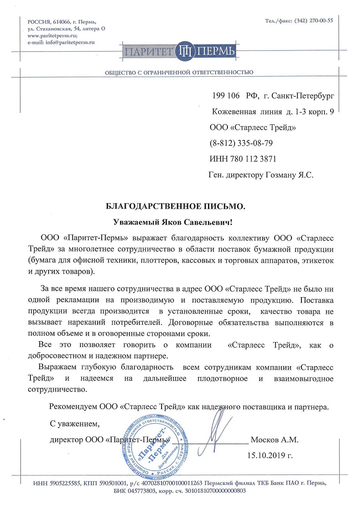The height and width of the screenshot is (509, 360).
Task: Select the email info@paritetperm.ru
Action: coord(68,42)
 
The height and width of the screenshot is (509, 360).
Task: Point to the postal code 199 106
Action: coord(226,96)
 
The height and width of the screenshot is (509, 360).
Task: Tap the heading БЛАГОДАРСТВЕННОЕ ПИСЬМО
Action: coord(175,206)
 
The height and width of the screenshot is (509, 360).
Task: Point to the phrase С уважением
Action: coord(74,424)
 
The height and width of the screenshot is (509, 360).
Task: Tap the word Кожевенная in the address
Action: coord(235,112)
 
